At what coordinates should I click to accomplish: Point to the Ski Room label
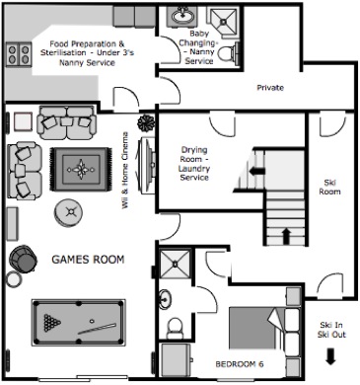pos(330,185)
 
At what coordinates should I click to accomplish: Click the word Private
pos(270,88)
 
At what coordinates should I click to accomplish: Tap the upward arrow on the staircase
pos(287,236)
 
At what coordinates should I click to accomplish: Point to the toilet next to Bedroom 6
pos(176,326)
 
